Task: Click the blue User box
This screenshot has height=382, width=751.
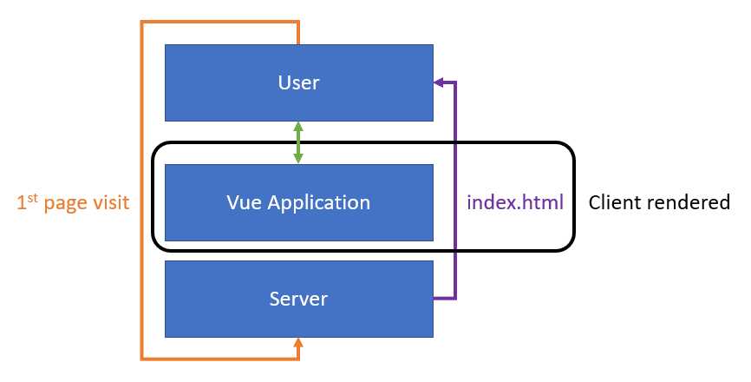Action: [x=299, y=83]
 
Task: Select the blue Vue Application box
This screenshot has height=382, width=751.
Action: [x=299, y=202]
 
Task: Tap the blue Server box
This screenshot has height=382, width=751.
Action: [x=299, y=299]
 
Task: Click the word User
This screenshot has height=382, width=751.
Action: [x=299, y=83]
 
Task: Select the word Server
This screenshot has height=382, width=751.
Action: [x=299, y=299]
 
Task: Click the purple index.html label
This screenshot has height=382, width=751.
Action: [x=515, y=203]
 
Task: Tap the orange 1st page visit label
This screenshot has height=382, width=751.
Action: [x=74, y=203]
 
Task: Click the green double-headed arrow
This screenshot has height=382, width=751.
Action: [x=298, y=142]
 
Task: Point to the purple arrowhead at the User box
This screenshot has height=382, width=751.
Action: [x=439, y=83]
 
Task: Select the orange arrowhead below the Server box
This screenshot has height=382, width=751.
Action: [x=298, y=344]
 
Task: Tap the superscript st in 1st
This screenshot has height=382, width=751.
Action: [x=31, y=198]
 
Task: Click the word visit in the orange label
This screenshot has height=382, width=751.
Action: [x=111, y=203]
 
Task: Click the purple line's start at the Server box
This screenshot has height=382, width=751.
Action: [x=436, y=299]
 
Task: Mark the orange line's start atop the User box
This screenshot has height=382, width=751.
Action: [x=298, y=41]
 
